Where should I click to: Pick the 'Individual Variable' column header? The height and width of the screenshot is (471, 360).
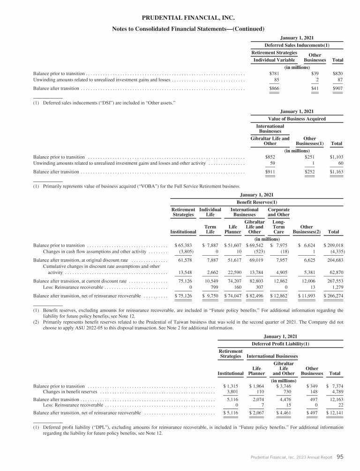coord(274,61)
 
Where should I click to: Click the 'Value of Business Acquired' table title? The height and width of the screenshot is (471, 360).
coord(297,119)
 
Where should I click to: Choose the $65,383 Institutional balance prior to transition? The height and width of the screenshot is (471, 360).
coord(183,245)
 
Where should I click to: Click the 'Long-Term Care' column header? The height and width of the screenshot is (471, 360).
coord(278,228)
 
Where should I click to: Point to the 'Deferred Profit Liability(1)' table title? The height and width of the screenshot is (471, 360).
coord(279,343)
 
